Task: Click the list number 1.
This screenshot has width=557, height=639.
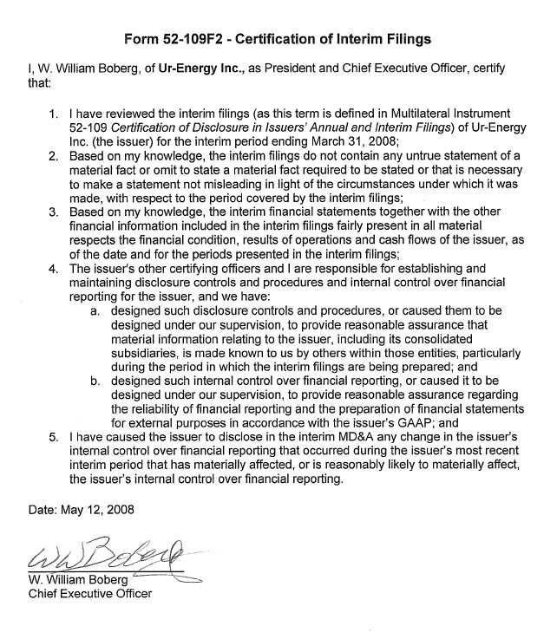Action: tap(54, 114)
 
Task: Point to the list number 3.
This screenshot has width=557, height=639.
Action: tap(54, 211)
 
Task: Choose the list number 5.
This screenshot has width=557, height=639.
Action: tap(54, 436)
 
